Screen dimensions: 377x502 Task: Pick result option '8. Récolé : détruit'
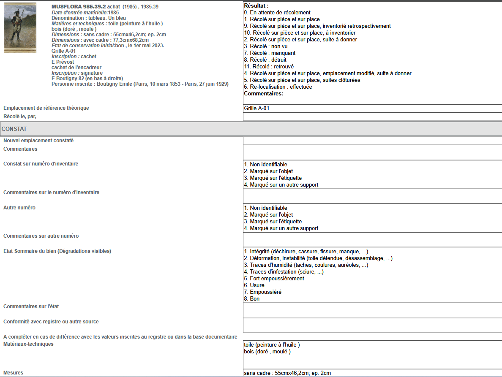point(265,60)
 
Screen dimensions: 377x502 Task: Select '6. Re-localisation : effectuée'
point(278,87)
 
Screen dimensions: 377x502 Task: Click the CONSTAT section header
point(14,129)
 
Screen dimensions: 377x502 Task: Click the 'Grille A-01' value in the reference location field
point(256,108)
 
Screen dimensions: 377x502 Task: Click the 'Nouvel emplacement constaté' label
point(38,141)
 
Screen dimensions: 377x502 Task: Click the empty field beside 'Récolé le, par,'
point(372,117)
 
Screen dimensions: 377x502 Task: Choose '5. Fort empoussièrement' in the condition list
point(274,279)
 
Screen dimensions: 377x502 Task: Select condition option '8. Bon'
point(252,299)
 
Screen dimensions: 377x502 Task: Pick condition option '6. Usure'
point(254,285)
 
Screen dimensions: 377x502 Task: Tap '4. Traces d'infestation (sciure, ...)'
point(284,272)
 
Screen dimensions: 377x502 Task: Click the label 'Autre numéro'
point(19,208)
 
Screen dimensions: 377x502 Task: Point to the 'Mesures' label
point(13,373)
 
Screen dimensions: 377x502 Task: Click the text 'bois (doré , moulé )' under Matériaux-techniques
point(267,352)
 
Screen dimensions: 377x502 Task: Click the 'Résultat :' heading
point(256,6)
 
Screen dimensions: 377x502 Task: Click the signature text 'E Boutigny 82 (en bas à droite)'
point(87,79)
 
